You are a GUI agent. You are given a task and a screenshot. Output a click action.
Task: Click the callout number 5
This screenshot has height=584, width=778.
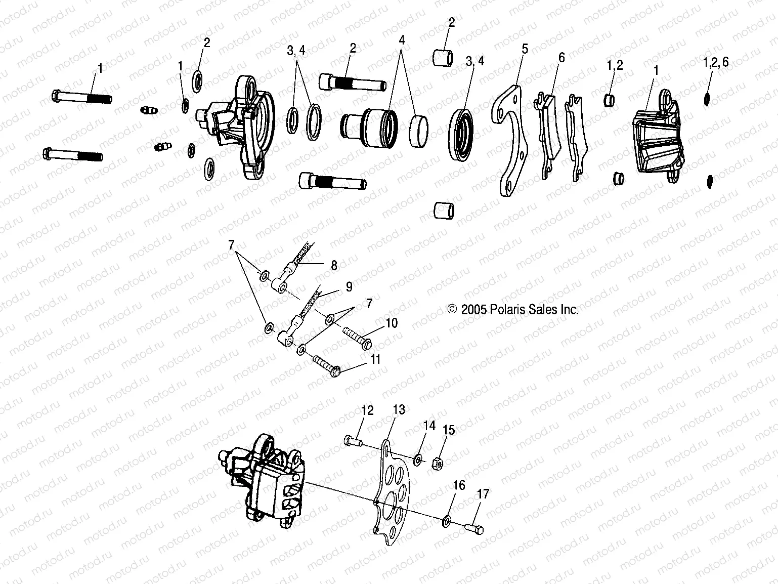[525, 49]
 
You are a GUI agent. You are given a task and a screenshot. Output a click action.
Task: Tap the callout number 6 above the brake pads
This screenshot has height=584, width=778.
[561, 58]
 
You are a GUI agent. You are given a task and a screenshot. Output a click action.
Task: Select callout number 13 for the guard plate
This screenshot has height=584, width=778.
[399, 409]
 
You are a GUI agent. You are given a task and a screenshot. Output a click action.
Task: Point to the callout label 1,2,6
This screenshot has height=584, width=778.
[715, 62]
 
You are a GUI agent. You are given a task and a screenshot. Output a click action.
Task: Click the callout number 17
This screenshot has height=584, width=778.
[483, 493]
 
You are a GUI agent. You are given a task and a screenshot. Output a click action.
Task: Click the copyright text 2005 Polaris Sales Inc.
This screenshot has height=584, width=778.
[513, 310]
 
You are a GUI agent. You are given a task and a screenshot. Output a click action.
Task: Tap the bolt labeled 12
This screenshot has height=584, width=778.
[353, 442]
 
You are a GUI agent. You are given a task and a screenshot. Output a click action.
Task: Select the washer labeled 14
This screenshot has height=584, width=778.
[418, 459]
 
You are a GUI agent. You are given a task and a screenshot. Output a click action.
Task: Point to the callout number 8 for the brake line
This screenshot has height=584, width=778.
[333, 265]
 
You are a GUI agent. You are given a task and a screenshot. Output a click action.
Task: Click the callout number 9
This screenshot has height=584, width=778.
[349, 287]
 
